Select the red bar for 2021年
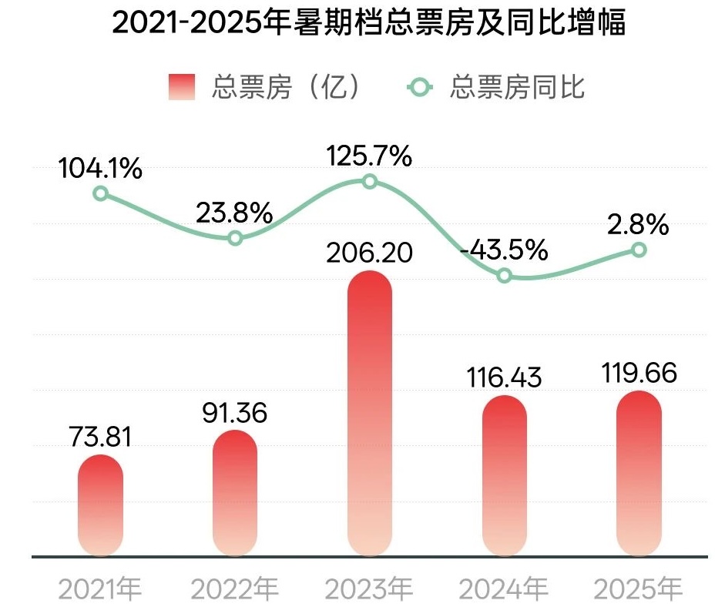100,505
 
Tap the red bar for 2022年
235,493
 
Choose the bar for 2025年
639,473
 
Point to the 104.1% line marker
100,193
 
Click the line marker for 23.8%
236,238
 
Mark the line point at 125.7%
370,182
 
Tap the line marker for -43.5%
504,275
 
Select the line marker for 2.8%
639,250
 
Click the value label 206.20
370,253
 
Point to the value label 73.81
100,438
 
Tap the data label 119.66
639,374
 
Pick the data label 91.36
235,413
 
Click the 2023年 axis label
369,590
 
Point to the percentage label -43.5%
504,250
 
